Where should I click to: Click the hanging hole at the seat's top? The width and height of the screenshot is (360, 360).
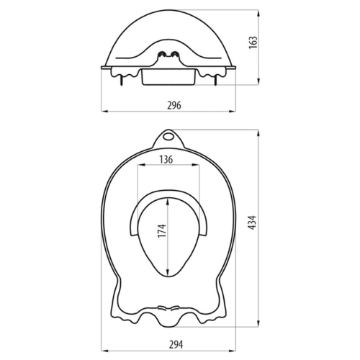tap(169, 135)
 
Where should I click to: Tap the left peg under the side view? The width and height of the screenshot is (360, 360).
tap(120, 80)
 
